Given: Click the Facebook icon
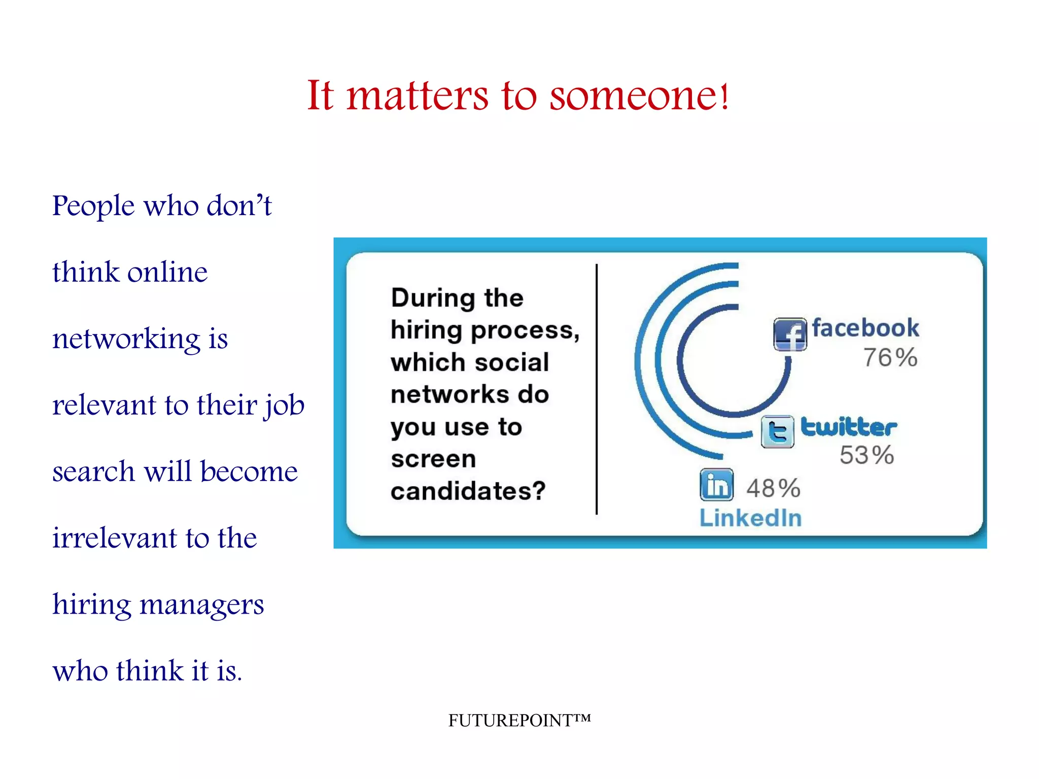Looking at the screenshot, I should point(790,334).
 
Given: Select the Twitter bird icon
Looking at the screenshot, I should point(777,431).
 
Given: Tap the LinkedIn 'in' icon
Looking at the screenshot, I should point(716,485).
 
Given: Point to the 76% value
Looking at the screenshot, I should point(890,357).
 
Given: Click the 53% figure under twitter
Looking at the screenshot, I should point(867,455).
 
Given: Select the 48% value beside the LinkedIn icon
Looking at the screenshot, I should point(773,488).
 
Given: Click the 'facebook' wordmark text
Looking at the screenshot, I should point(865,328).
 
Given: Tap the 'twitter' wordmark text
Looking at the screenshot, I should point(849,427).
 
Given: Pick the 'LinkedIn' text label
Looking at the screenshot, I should point(750,518).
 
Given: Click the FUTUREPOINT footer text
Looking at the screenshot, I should point(519,720).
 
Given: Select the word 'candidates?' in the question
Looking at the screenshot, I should point(468,491).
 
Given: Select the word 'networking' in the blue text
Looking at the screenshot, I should point(126,339).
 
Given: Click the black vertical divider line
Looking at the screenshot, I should point(597,389).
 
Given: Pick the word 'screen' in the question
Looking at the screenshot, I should point(433,459).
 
